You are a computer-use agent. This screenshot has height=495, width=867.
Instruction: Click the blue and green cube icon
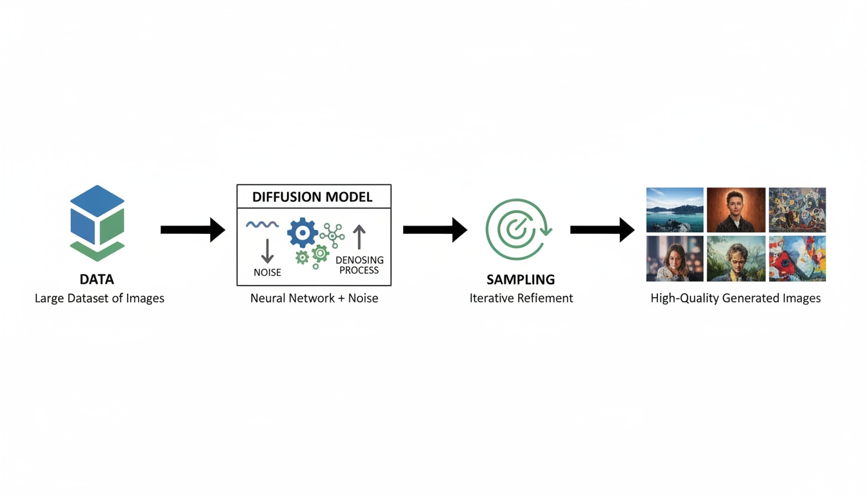point(97,222)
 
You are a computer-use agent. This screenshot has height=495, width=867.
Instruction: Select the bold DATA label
point(97,279)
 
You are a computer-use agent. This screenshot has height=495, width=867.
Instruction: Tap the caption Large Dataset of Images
point(99,298)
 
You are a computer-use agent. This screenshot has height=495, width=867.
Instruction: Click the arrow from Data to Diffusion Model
point(192,229)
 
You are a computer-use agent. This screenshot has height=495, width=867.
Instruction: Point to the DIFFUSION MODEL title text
point(312,197)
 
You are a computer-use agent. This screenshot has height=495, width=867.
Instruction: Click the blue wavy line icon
point(262,225)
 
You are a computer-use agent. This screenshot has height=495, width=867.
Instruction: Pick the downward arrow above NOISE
point(267,250)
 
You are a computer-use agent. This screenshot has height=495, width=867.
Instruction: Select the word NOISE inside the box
point(267,273)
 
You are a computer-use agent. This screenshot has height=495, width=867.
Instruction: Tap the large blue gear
point(302,233)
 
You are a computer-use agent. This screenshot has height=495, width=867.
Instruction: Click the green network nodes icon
point(332,235)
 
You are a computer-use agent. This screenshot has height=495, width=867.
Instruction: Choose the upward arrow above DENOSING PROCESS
point(359,237)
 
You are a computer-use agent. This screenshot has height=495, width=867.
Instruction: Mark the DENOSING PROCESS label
point(359,265)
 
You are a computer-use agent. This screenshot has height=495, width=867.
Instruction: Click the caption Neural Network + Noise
point(314,298)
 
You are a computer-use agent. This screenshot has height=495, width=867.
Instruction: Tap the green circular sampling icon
point(517,229)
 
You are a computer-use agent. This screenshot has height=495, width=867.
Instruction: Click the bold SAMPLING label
point(521,280)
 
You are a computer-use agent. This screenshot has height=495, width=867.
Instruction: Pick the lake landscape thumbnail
point(675,210)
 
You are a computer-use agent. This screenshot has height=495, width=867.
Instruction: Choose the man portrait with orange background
point(736,210)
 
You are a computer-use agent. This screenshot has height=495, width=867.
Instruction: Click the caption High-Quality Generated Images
point(735,298)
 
